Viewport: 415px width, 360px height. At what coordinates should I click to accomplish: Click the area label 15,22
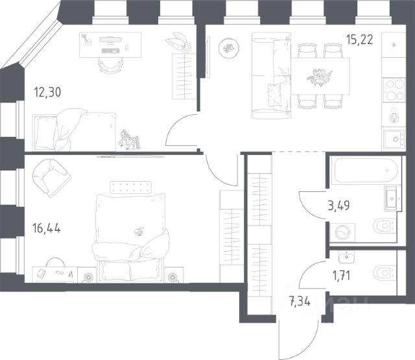coord(360,40)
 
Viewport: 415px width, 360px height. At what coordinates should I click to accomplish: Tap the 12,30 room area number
coord(47,92)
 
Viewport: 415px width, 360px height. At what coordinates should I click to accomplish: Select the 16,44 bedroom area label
coord(47,228)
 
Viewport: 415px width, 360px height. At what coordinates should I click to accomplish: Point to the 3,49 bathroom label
coord(338,206)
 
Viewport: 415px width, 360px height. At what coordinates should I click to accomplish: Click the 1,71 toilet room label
coord(342,276)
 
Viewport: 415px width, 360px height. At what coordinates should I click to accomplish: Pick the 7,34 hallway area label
coord(300,302)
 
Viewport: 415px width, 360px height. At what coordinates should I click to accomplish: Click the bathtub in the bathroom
coord(366,170)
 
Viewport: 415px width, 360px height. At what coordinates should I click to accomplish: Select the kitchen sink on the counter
coord(394,139)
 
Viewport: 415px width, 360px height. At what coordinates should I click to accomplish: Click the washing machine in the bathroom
coord(342,233)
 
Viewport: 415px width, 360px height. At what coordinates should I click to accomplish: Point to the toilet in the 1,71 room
coord(385,272)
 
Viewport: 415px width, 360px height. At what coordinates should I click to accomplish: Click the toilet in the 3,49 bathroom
coord(385,226)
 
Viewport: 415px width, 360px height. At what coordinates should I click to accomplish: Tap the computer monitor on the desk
coord(111,40)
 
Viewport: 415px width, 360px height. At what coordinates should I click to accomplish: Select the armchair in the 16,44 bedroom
coord(51,178)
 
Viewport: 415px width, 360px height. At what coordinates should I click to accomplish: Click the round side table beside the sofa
coord(229,48)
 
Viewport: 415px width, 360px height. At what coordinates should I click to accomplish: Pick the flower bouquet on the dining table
coord(319,77)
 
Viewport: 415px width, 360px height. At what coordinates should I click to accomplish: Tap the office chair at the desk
coord(111,66)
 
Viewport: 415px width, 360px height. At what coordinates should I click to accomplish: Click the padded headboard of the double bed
coord(130,187)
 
